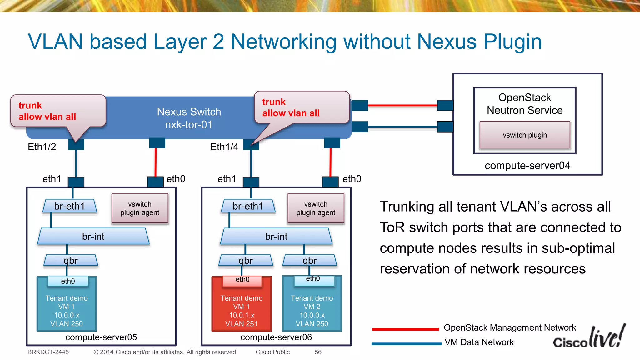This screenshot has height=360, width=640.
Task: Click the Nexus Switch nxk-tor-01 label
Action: click(189, 118)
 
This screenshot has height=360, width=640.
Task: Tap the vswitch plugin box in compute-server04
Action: click(525, 135)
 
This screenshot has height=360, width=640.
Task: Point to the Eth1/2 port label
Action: click(42, 147)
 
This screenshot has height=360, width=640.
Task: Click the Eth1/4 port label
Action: click(224, 147)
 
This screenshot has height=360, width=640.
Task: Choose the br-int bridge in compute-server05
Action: click(93, 237)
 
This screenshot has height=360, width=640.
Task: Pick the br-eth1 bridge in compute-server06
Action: click(248, 206)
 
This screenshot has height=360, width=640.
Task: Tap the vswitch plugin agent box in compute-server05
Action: click(140, 208)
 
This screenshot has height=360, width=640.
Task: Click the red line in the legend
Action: click(405, 329)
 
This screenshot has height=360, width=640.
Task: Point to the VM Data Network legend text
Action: click(479, 342)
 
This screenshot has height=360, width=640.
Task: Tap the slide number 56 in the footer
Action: click(318, 352)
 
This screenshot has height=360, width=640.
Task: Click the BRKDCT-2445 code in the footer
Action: click(48, 352)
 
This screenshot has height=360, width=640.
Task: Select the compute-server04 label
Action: click(527, 165)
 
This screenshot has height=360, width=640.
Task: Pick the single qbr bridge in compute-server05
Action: click(71, 260)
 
